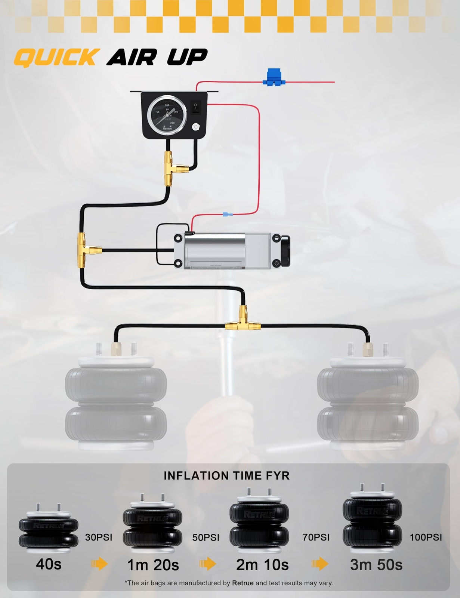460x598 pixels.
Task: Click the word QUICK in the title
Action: pos(56,58)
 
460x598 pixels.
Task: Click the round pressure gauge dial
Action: pos(167,114)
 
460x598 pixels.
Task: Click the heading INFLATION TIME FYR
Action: pos(227,476)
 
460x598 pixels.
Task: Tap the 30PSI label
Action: pos(99,537)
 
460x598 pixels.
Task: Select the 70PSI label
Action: pos(316,537)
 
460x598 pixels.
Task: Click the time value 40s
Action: pos(49,564)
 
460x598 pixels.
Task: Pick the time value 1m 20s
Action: pos(153,565)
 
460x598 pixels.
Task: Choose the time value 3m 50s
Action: pos(376,565)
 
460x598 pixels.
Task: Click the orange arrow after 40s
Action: pos(99,564)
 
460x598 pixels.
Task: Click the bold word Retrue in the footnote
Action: pos(243,583)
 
